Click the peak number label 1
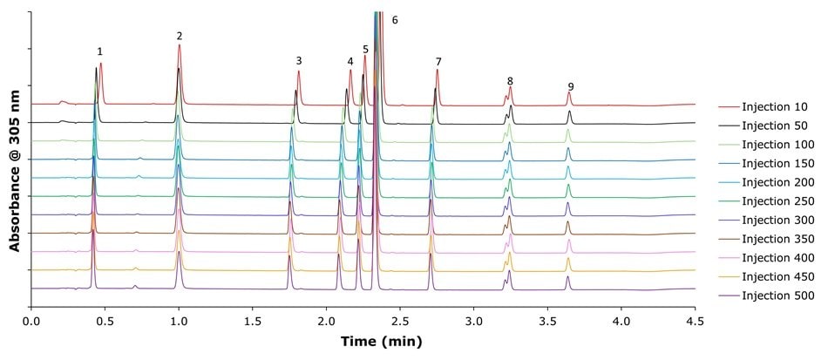pyautogui.click(x=100, y=51)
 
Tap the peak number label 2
pyautogui.click(x=180, y=36)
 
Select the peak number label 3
pyautogui.click(x=299, y=61)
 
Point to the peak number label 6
pyautogui.click(x=395, y=19)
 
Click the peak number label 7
pyautogui.click(x=438, y=62)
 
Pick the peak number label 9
pyautogui.click(x=571, y=86)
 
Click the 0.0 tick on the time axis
pyautogui.click(x=31, y=320)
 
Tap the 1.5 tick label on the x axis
pyautogui.click(x=253, y=320)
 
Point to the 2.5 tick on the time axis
pyautogui.click(x=400, y=320)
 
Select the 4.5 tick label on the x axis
pyautogui.click(x=695, y=320)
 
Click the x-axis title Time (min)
pyautogui.click(x=363, y=342)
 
